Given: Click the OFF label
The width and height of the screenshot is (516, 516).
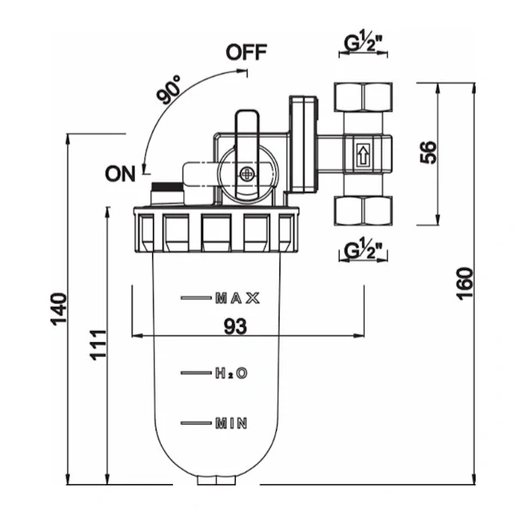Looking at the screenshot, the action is (246, 52).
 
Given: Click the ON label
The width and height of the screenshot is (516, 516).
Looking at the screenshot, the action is (120, 174).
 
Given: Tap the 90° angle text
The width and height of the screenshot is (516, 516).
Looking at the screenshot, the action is (169, 89).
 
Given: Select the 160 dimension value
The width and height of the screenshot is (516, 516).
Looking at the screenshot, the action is (464, 284).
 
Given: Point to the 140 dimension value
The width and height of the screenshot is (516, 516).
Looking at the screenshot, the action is (58, 309).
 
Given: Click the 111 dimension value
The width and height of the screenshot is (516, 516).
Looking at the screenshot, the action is (98, 345).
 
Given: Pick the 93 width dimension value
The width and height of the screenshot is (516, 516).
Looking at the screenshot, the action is (236, 327).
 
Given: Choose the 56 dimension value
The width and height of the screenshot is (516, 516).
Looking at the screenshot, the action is (428, 152).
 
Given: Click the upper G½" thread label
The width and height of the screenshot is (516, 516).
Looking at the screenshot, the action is (363, 43).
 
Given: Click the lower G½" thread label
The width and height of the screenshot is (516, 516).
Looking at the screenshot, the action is (363, 250).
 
